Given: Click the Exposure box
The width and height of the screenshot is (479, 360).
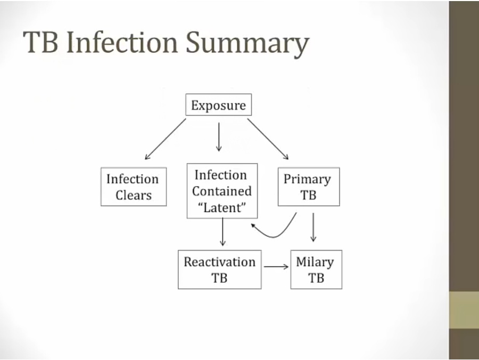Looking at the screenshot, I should coord(218,105).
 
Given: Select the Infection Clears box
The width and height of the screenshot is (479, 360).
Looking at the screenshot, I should coord(134,187).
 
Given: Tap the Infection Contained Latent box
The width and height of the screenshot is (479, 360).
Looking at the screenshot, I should coord(222,191).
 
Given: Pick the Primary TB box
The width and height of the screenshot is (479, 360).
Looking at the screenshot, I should coord(309,187).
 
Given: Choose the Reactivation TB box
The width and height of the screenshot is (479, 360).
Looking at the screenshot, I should coord(219,269).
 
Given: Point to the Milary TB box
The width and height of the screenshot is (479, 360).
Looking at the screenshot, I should coord(316,269).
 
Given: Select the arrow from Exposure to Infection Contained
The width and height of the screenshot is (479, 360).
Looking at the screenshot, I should coord(218,137).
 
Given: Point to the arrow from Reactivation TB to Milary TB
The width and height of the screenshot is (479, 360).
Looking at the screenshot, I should coord(276,266).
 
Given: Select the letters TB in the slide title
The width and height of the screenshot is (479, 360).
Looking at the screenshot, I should coord(41,43).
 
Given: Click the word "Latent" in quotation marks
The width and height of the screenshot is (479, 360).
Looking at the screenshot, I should coord(222,208).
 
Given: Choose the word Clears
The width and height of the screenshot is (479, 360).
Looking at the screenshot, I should coord(134,195).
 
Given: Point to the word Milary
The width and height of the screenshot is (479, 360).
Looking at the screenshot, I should coord(315,262).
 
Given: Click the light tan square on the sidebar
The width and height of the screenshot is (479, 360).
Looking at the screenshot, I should coord(464,310).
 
